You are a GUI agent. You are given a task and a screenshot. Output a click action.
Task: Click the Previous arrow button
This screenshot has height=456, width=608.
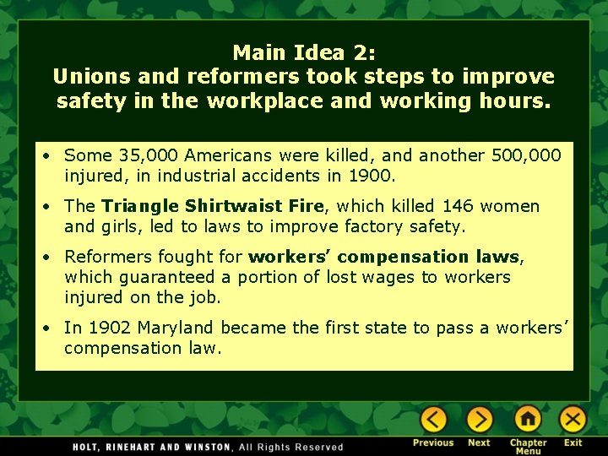[x=433, y=420]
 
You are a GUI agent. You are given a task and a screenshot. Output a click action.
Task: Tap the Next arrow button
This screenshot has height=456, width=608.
[x=480, y=420]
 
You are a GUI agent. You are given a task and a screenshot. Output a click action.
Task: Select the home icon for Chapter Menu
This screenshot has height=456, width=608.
[x=528, y=420]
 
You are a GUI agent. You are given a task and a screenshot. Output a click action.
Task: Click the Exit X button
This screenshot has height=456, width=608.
[x=573, y=420]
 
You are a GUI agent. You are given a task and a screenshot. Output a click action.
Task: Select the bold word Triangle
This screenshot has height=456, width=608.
[x=138, y=206]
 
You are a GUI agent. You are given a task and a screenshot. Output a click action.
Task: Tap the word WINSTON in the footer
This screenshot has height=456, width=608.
[x=204, y=447]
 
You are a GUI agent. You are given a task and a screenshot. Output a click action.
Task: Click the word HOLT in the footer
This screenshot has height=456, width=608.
[x=88, y=447]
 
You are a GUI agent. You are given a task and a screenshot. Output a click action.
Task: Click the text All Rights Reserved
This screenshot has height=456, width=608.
[x=291, y=447]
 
